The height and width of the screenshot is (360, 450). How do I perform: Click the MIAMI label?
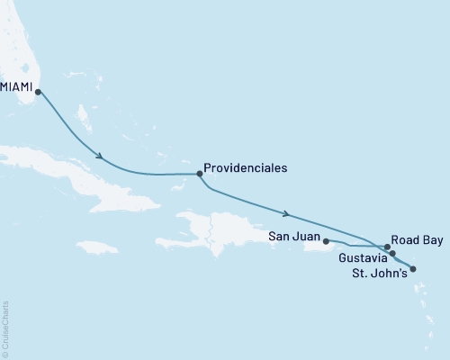point(18,86)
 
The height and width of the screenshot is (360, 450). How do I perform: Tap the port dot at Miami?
point(38,91)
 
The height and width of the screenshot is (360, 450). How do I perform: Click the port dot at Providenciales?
point(198,174)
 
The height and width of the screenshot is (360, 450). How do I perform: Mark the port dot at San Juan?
point(326,241)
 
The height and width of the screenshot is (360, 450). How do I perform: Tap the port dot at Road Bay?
point(387,246)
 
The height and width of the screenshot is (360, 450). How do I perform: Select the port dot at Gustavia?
point(392,254)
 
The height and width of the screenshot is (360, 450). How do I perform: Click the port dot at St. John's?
point(413,267)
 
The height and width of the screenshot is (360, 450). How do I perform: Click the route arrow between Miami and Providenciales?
point(100,158)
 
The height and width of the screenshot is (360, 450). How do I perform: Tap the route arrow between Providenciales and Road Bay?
point(286,214)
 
